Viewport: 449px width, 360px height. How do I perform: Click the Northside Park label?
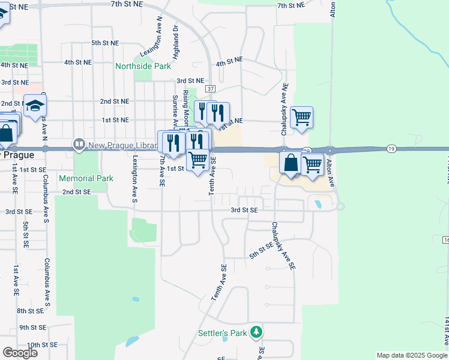tap(143, 67)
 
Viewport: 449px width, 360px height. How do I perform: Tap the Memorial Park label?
tap(86, 178)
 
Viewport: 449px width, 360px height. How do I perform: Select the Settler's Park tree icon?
tap(256, 332)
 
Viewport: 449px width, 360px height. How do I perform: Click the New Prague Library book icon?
tap(79, 145)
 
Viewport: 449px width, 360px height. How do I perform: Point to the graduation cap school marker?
tap(35, 106)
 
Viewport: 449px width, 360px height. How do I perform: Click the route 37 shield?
tap(209, 89)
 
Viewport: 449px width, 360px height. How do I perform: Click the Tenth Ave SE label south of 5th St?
tap(218, 283)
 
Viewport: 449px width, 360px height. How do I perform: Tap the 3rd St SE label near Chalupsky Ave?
tap(244, 210)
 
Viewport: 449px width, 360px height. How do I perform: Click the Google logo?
tap(20, 353)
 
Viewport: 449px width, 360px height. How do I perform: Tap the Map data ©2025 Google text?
tap(412, 355)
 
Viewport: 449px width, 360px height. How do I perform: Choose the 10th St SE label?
tap(41, 345)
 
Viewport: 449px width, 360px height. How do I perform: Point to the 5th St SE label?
tap(265, 252)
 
